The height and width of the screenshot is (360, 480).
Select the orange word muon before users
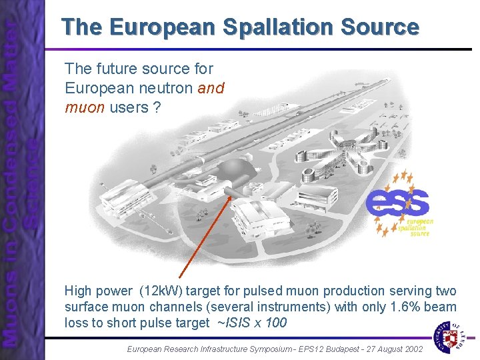click(85, 107)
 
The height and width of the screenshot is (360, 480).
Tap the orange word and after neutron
click(211, 88)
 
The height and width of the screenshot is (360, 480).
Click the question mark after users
click(157, 107)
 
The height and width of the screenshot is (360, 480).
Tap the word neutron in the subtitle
click(171, 88)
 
